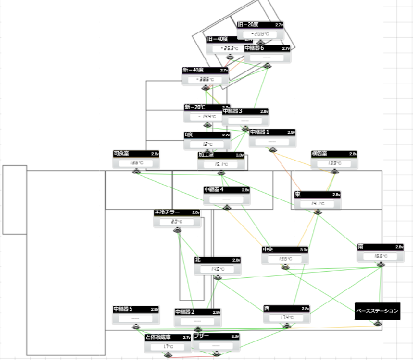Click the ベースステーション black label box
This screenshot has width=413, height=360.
[x=377, y=311]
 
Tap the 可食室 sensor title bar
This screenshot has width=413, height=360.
[x=136, y=154]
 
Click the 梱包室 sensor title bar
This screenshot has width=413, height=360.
[x=334, y=154]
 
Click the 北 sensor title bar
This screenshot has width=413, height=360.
[x=217, y=260]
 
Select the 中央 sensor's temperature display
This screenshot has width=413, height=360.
[x=285, y=259]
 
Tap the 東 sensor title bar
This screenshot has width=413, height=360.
[x=318, y=194]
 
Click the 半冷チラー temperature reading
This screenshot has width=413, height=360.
[x=176, y=221]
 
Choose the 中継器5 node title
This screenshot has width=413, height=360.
[x=136, y=310]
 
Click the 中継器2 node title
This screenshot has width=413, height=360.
[x=197, y=312]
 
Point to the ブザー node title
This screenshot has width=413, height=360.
[x=216, y=337]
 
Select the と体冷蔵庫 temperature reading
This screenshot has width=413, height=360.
[x=167, y=347]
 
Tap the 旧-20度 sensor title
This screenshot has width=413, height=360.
[x=259, y=25]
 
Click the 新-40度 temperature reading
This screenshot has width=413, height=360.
[x=205, y=79]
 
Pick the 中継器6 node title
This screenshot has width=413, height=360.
[x=267, y=48]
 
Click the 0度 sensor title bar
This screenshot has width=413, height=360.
[x=207, y=135]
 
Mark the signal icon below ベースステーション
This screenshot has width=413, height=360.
[x=377, y=323]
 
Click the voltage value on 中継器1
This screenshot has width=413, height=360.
[x=291, y=132]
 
